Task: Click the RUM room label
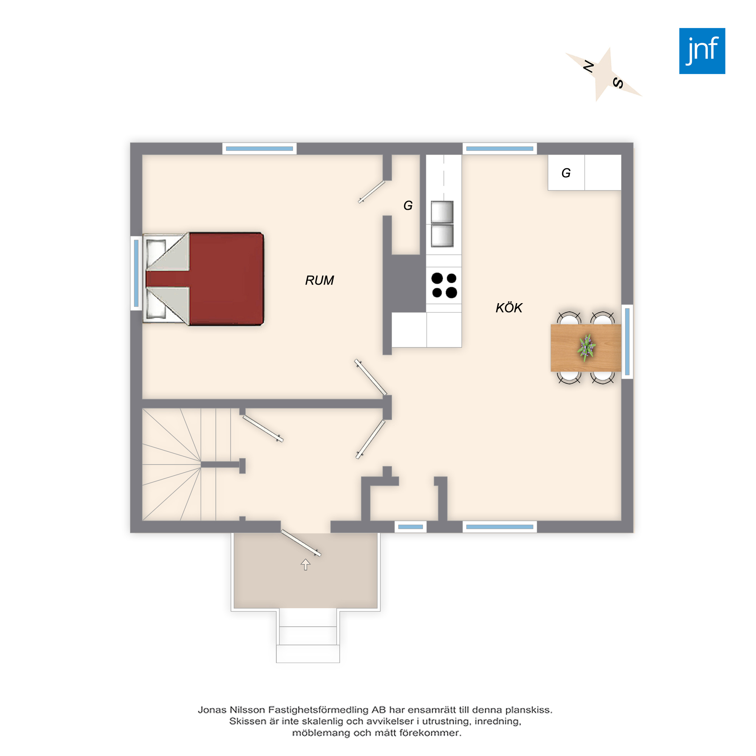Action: pos(319,280)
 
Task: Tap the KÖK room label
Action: pos(509,308)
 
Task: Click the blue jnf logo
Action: pos(702,51)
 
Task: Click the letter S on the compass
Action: pos(618,83)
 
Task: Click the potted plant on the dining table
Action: pos(586,347)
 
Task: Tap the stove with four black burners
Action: pos(444,285)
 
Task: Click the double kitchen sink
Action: pos(442,224)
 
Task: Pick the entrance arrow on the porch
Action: pos(305,564)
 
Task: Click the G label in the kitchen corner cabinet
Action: pos(566,173)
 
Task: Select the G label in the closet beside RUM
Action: pos(408,205)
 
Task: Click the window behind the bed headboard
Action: pos(136,273)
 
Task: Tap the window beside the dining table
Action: pos(627,342)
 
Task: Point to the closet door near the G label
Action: pos(371,192)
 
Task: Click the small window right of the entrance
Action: pos(411,527)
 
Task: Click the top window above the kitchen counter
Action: pos(500,149)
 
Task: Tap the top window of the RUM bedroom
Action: pos(259,149)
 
